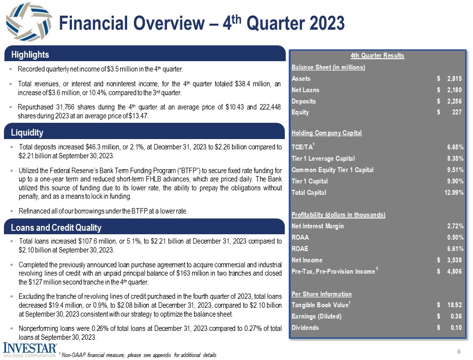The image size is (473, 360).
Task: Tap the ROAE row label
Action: pyautogui.click(x=301, y=249)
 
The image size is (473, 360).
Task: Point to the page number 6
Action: pyautogui.click(x=459, y=352)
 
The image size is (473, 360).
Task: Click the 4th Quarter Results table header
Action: pyautogui.click(x=377, y=55)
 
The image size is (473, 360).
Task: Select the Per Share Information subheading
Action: pyautogui.click(x=322, y=294)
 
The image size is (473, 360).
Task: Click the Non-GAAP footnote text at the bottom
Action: pyautogui.click(x=138, y=355)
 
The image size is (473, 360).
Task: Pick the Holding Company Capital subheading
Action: pyautogui.click(x=327, y=133)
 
